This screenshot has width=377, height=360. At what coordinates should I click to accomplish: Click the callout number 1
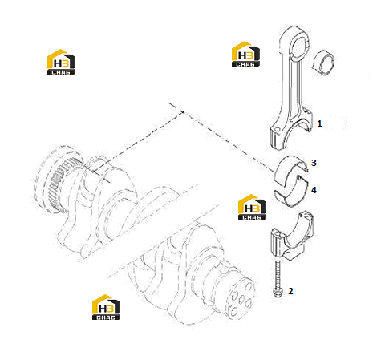(x=319, y=123)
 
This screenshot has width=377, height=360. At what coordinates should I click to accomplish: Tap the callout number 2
(x=290, y=291)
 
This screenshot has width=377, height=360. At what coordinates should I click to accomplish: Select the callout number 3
(x=314, y=163)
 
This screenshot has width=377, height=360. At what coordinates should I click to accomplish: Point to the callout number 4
(x=314, y=190)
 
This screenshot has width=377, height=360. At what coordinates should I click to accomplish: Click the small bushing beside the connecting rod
(x=324, y=63)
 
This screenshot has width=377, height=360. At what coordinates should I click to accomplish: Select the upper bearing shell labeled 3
(x=291, y=171)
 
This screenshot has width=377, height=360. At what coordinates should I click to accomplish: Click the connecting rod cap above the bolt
(x=291, y=236)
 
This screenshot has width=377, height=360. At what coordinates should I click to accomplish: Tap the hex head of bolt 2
(x=277, y=293)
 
